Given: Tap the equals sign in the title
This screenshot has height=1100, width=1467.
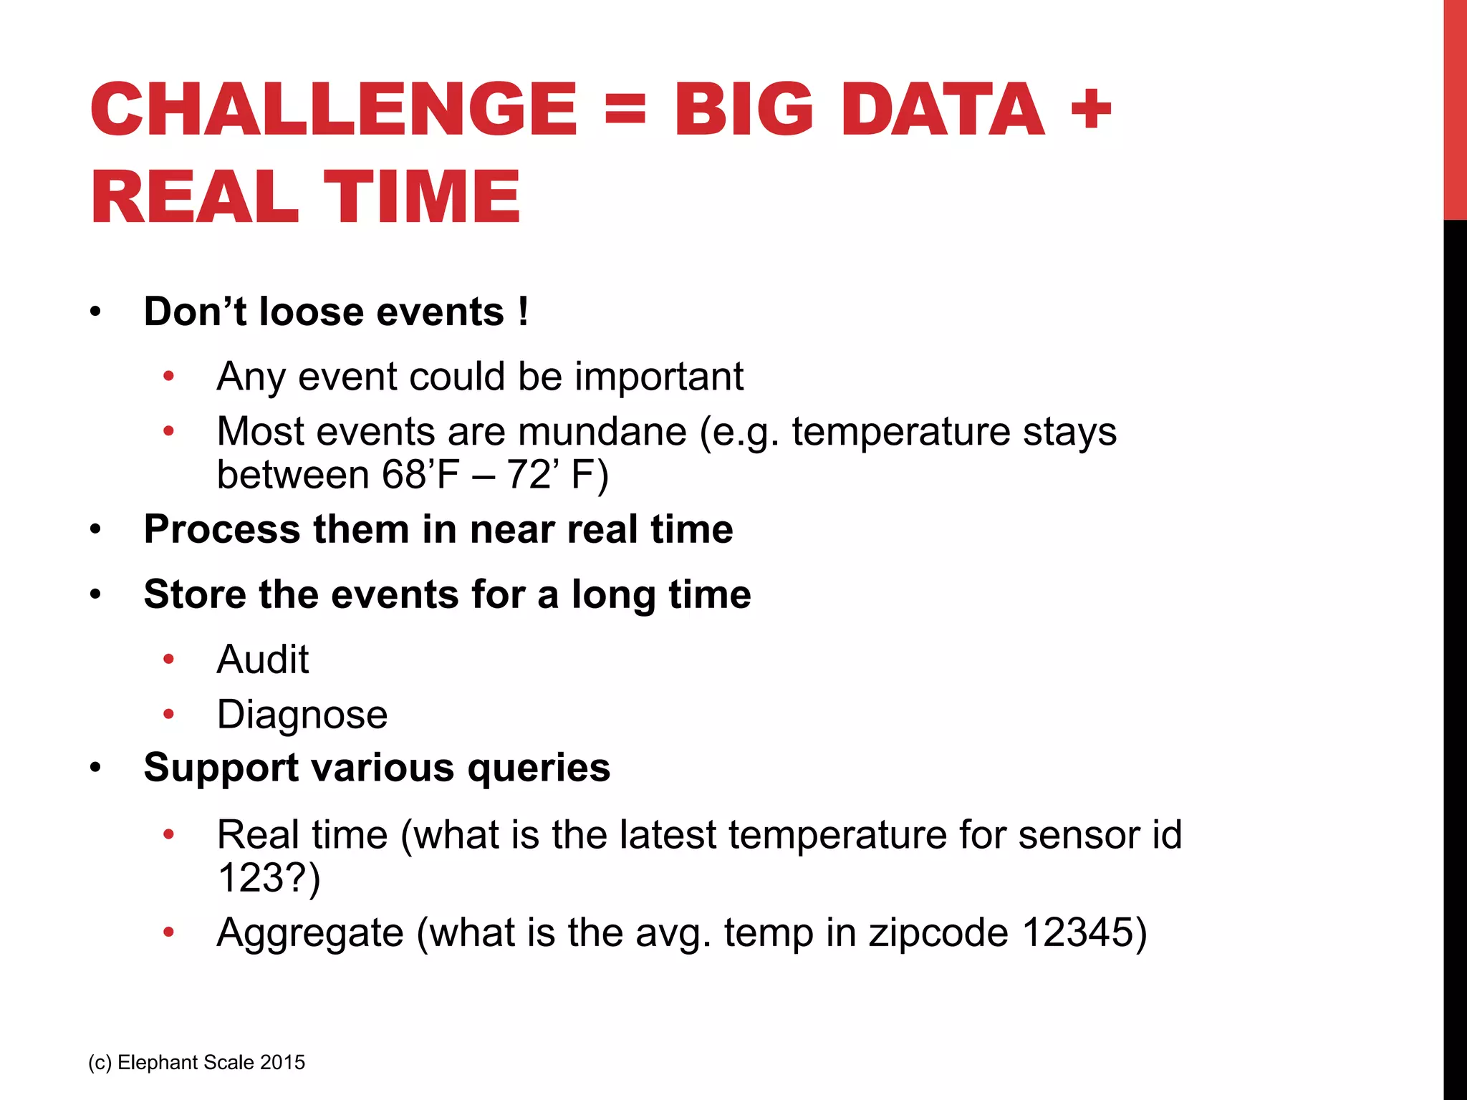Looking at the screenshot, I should coord(625,111).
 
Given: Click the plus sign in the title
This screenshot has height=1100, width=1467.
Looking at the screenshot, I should coord(1090,111).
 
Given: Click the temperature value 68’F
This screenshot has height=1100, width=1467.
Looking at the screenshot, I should coord(420,475).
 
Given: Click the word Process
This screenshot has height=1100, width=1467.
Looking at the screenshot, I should coord(222,530).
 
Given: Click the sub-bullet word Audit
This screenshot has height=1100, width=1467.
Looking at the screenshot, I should coord(263,660).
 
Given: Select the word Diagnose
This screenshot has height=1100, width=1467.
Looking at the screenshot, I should coord(302,715).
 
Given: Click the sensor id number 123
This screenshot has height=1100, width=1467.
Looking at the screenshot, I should coord(251,878).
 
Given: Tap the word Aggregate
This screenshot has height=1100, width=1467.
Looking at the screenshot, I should coord(310,933).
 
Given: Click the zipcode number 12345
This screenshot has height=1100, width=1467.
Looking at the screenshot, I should coord(1077,933).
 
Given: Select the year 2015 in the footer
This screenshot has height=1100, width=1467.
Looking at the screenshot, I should coord(282,1063).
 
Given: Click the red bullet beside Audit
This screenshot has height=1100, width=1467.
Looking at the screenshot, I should coord(168,659).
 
